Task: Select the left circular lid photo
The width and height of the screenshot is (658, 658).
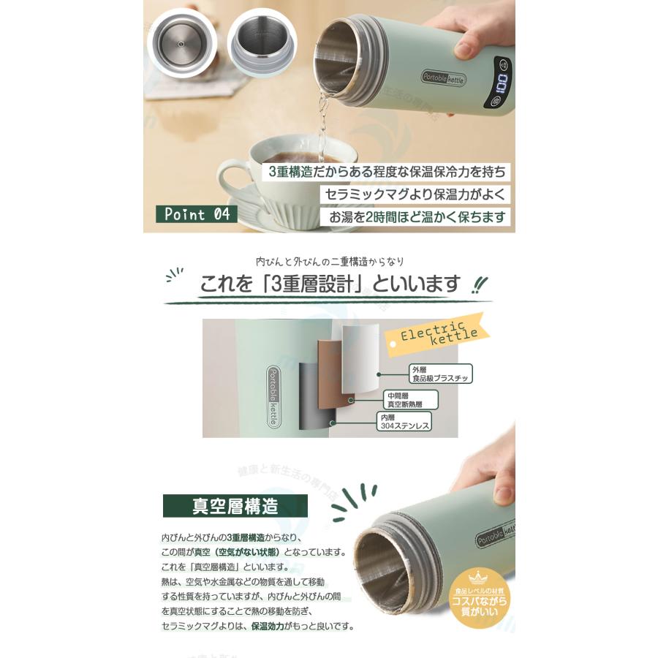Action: (x=183, y=42)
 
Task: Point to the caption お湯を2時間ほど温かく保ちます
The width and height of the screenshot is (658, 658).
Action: (x=416, y=217)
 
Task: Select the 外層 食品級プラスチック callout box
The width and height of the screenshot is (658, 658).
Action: (x=440, y=374)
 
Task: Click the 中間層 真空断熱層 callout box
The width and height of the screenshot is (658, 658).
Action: (x=410, y=399)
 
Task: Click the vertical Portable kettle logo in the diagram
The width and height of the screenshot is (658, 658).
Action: (x=272, y=388)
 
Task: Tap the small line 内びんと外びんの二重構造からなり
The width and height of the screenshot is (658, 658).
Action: (x=329, y=261)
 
